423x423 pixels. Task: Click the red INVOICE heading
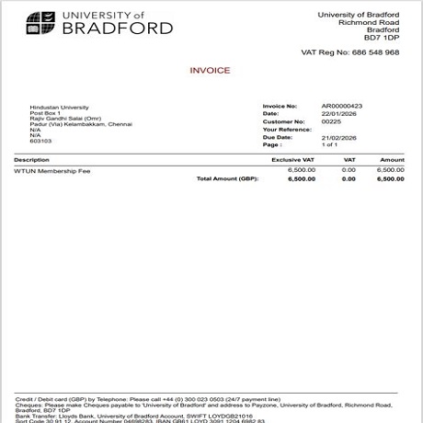210,71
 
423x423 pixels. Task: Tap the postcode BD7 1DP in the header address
382,37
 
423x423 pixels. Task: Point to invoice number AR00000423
342,107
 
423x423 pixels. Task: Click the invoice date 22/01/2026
337,114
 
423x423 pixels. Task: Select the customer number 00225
331,121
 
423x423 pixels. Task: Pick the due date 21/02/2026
337,137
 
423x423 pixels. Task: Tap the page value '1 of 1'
330,144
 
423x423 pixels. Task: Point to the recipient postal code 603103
40,141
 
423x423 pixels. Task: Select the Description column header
32,160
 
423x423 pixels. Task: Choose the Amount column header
392,160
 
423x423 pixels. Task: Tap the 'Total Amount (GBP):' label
228,178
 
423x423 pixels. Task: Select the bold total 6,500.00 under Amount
390,178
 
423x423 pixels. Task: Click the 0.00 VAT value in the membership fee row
349,170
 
